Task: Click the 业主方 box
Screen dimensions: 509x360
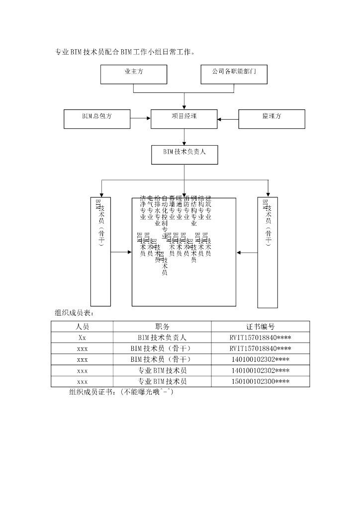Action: (134, 74)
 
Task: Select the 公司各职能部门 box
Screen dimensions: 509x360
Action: (234, 74)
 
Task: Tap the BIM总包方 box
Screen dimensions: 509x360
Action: (97, 118)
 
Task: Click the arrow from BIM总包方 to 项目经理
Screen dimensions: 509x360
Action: (141, 118)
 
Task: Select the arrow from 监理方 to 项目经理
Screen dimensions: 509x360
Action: (228, 118)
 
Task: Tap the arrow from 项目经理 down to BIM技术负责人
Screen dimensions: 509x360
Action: (184, 136)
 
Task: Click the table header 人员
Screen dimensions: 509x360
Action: (82, 327)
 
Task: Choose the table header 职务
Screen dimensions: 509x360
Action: (162, 327)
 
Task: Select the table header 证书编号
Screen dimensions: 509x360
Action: (260, 327)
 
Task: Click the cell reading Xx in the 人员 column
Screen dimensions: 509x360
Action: (82, 338)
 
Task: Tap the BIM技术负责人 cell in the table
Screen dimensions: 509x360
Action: (162, 338)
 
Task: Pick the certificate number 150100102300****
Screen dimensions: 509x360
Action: (260, 381)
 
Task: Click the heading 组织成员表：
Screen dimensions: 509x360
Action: (74, 313)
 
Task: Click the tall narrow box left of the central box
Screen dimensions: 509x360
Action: (100, 252)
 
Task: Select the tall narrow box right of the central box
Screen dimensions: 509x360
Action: (268, 252)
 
